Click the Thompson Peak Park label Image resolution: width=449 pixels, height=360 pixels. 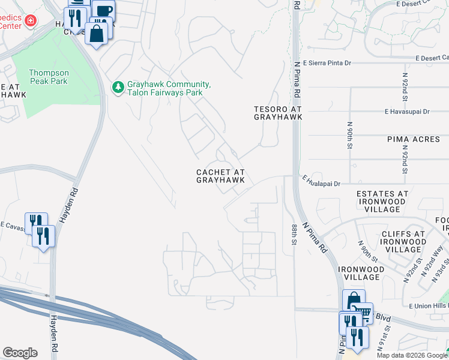pyautogui.click(x=49, y=77)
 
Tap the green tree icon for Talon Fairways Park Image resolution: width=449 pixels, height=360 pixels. pyautogui.click(x=118, y=88)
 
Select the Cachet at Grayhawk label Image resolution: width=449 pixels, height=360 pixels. pyautogui.click(x=220, y=176)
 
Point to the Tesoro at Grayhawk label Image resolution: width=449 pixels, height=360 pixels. pyautogui.click(x=277, y=113)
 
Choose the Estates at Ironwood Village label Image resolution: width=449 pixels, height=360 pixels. pyautogui.click(x=382, y=202)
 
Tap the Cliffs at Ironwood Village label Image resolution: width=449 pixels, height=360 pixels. pyautogui.click(x=404, y=242)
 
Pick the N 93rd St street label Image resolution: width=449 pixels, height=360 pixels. pyautogui.click(x=442, y=266)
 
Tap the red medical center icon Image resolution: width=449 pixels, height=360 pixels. pyautogui.click(x=31, y=22)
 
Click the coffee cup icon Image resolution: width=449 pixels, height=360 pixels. pyautogui.click(x=103, y=10)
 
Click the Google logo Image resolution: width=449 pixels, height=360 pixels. pyautogui.click(x=20, y=353)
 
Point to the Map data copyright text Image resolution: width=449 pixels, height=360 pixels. pyautogui.click(x=411, y=355)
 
